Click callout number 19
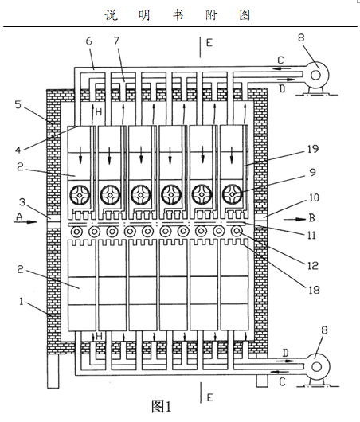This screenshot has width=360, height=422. point(313,149)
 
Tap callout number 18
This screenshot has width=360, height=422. point(314,290)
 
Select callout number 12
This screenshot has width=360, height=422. point(313,266)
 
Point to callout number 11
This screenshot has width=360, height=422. point(311,236)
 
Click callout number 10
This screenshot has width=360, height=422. point(314,197)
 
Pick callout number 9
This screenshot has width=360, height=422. point(312,172)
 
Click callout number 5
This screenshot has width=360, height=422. point(18,104)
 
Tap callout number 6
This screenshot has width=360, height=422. point(89,41)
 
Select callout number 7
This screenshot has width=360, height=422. point(116,41)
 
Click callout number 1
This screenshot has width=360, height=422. point(22,302)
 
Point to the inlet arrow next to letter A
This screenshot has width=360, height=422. point(25,222)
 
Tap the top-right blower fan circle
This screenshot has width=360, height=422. point(316,75)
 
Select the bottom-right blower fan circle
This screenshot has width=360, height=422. point(316,366)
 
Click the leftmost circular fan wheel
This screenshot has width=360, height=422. point(80,194)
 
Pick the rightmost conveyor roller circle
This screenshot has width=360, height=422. point(237,231)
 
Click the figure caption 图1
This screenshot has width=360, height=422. point(162,406)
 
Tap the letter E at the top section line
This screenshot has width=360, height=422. point(209,43)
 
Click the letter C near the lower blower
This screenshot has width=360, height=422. point(282,381)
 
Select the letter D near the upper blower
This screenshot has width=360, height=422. point(282,88)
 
